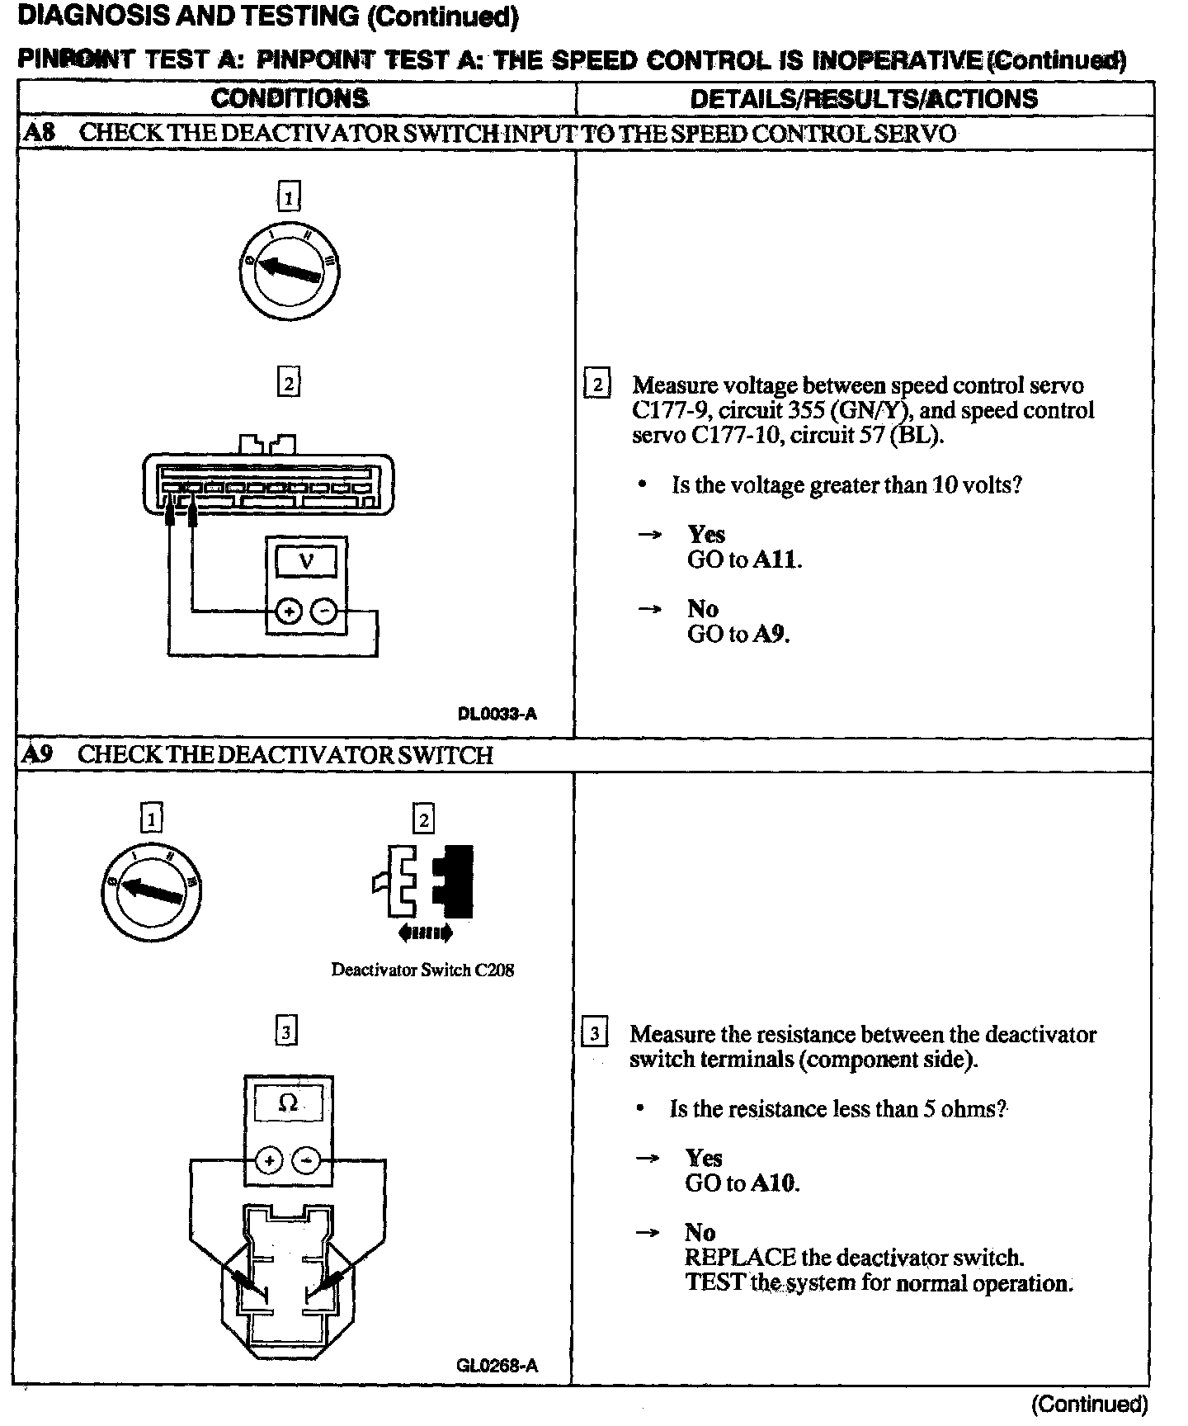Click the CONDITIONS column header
coord(290,98)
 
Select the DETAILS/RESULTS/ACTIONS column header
coord(864,98)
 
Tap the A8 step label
coord(39,133)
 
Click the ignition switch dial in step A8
coord(288,270)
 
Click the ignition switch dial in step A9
coord(150,891)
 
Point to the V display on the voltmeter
coord(306,562)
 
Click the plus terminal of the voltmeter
coord(288,611)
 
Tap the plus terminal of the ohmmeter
coord(269,1160)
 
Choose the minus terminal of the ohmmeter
coord(307,1160)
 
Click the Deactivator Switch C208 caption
coord(422,970)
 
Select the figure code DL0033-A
coord(497,714)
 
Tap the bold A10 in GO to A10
coord(774,1183)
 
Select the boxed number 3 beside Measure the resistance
coord(595,1033)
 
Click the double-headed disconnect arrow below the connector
coord(425,933)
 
